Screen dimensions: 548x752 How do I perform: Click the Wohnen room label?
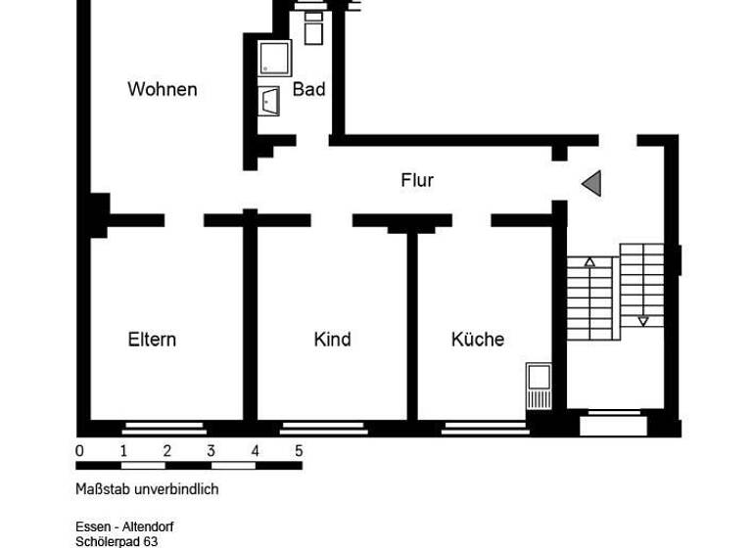click(163, 89)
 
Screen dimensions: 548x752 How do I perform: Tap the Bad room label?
click(308, 89)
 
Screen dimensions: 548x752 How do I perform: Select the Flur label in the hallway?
click(417, 180)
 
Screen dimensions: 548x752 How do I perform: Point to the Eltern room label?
click(152, 340)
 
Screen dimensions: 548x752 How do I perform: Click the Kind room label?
click(332, 340)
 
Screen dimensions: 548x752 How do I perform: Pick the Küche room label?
click(478, 340)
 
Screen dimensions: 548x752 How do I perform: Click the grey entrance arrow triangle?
click(591, 182)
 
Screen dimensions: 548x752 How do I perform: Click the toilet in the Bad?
click(313, 28)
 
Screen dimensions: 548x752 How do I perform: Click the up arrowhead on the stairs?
click(589, 262)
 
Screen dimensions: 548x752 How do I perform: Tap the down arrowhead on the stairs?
click(643, 320)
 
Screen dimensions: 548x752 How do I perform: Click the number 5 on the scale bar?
click(299, 451)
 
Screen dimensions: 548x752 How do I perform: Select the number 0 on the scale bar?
click(79, 451)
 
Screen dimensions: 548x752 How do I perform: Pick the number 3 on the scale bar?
click(211, 451)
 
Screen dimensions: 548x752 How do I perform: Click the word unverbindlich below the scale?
click(177, 489)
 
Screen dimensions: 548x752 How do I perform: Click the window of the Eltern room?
click(164, 427)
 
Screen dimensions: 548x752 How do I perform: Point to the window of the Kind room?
click(323, 427)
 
